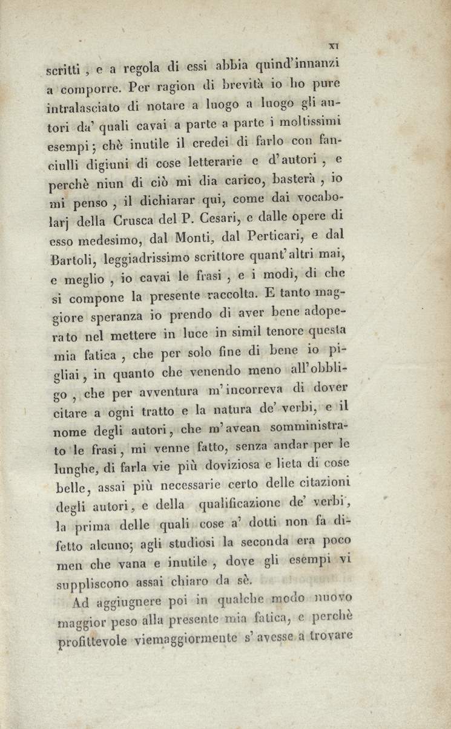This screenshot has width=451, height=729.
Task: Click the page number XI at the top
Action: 332,44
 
